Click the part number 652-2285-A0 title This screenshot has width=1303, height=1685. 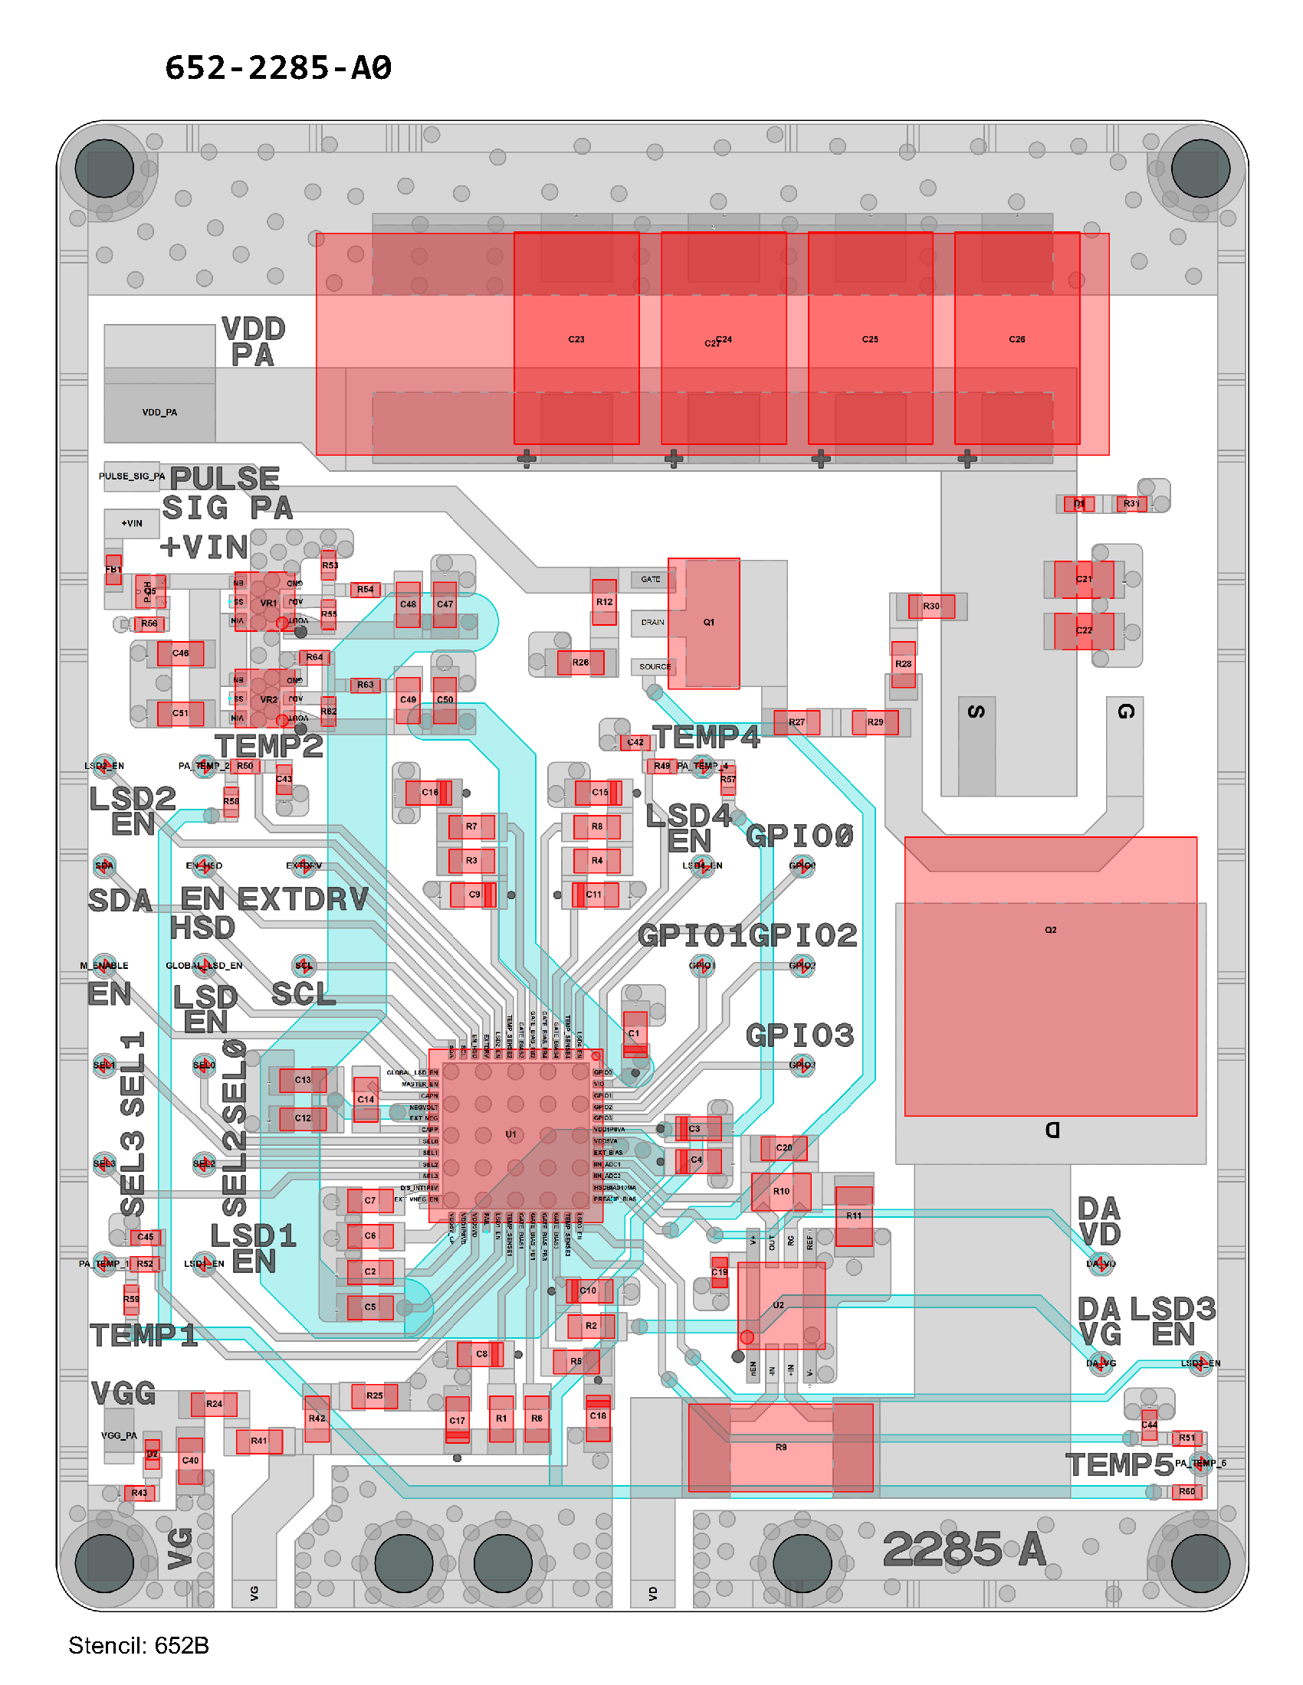pos(278,68)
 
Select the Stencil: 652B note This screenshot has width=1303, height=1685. pos(138,1645)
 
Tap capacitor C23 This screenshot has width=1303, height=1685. pos(576,339)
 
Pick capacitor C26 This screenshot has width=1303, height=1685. pos(1016,339)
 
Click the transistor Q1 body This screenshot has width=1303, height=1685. pos(704,623)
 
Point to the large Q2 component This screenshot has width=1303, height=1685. pos(1050,976)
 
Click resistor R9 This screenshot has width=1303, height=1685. pos(780,1448)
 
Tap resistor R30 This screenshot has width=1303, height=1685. pos(931,607)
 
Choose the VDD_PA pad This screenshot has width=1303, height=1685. pos(159,412)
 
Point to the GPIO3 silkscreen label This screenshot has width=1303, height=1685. pos(799,1036)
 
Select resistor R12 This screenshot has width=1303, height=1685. pos(605,602)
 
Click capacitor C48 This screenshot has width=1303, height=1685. pos(408,604)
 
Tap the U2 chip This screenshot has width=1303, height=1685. pos(780,1305)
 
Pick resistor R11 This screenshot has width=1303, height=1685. pos(854,1216)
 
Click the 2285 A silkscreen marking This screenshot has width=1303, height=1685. pos(964,1549)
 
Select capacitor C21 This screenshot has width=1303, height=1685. pos(1084,578)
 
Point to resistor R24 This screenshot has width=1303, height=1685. pos(214,1404)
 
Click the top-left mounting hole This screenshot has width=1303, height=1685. pos(104,168)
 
